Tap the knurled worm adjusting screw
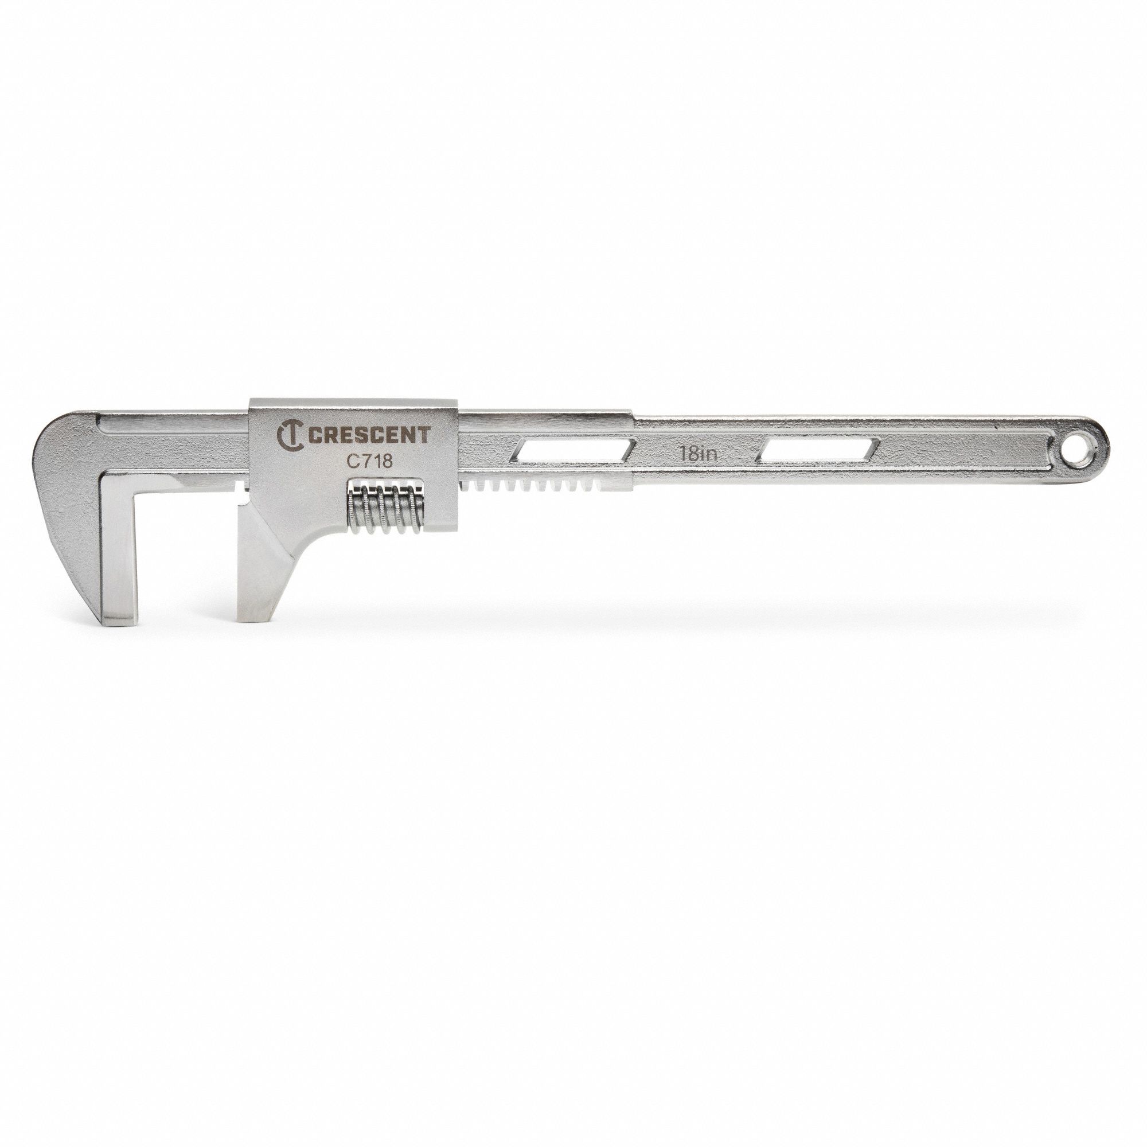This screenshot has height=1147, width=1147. click(x=386, y=504)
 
